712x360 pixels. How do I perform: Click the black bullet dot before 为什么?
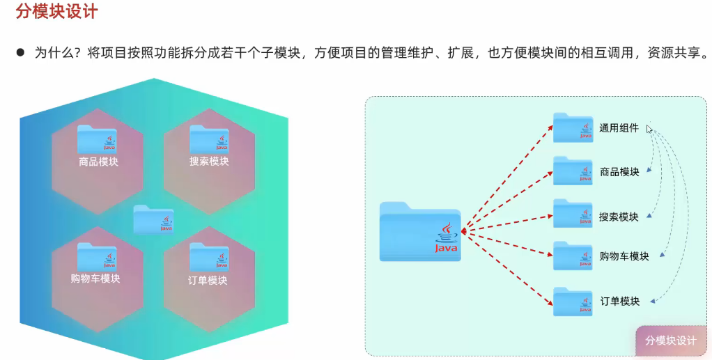[x=20, y=52]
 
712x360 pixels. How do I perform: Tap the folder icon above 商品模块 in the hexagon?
[x=98, y=139]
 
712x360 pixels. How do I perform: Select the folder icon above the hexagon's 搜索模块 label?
[x=209, y=139]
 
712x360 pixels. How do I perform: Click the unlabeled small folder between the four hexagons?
[x=153, y=219]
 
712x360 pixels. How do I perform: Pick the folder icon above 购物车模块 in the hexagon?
[x=97, y=256]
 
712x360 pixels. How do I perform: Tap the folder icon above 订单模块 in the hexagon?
[x=209, y=256]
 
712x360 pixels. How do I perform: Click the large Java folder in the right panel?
[x=420, y=233]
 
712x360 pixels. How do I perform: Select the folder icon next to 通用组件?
[x=573, y=127]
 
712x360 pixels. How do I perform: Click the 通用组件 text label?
[x=619, y=128]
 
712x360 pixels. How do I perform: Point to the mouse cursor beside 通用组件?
[x=649, y=128]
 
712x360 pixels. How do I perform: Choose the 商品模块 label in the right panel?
[x=619, y=172]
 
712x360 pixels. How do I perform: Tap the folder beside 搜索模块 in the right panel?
[x=573, y=214]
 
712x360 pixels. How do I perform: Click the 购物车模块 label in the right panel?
[x=624, y=256]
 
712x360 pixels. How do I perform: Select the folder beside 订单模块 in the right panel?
[x=573, y=302]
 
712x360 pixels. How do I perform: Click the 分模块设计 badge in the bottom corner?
[x=671, y=341]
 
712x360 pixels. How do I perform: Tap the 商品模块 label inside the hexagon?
[x=98, y=162]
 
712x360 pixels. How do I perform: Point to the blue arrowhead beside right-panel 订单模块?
[x=654, y=302]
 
